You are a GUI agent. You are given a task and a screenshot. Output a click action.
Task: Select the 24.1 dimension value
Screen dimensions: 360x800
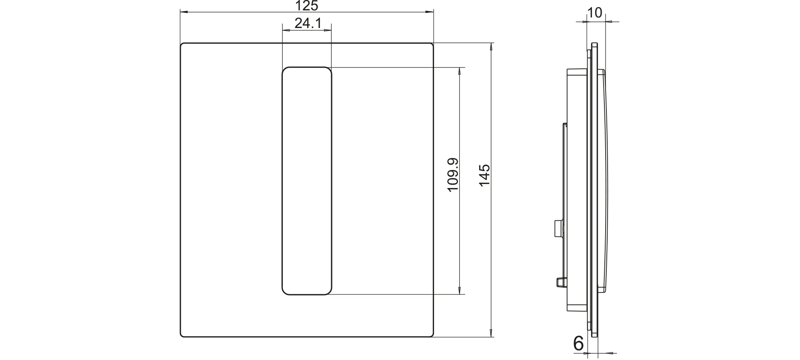(308, 24)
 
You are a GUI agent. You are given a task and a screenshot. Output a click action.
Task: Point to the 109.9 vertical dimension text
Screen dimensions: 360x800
(453, 175)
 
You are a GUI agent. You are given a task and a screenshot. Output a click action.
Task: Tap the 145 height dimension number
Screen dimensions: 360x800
(484, 175)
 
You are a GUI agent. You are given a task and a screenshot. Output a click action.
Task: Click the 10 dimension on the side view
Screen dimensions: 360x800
(595, 13)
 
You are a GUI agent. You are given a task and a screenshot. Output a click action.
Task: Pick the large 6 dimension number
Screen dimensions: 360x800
(578, 343)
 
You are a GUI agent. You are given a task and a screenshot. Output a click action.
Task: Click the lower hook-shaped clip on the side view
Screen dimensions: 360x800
(559, 282)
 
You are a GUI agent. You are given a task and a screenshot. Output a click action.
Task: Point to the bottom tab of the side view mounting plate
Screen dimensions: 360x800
(589, 326)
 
